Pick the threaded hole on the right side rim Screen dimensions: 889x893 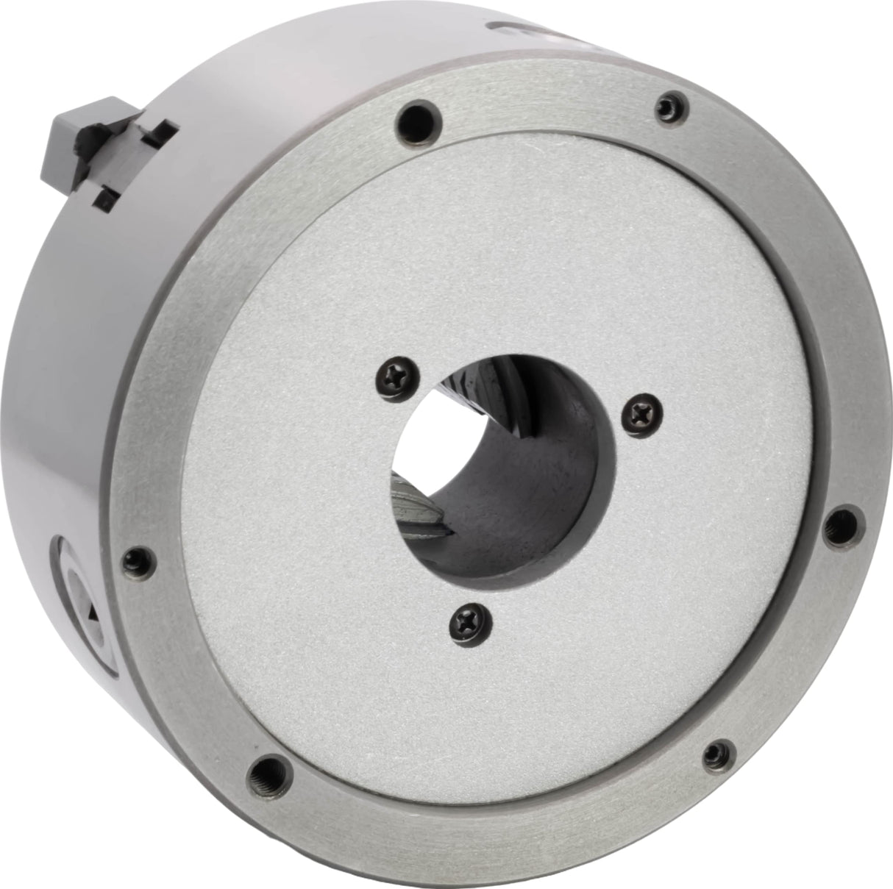[x=837, y=525]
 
